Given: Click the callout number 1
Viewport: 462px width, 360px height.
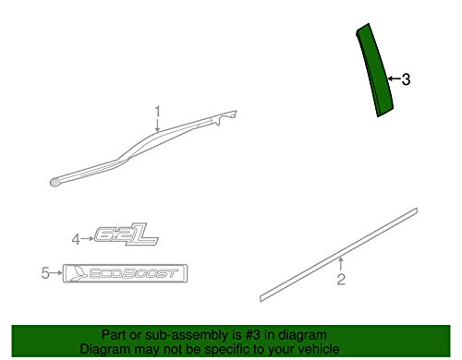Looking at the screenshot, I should point(157,112).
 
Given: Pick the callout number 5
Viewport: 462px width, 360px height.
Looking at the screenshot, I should point(44,272).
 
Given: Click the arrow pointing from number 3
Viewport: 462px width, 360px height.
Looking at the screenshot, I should point(393,79).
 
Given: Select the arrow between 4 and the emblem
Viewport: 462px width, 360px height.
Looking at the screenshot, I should point(90,239).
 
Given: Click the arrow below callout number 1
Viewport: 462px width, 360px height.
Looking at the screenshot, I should point(158,126).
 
